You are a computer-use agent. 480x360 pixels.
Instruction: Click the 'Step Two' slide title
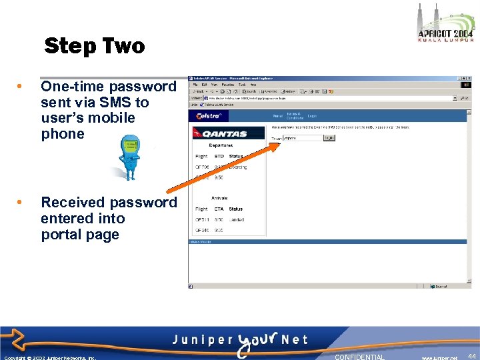pos(94,46)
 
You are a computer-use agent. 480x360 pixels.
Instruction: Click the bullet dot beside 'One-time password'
pos(21,87)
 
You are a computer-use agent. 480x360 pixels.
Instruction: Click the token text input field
pos(303,138)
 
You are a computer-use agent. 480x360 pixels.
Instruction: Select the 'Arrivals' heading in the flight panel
pos(219,198)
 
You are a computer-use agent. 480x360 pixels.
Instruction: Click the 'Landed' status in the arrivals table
pos(237,219)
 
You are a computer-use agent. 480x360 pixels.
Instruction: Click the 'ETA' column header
pos(219,209)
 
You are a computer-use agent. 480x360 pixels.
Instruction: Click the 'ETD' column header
pos(219,156)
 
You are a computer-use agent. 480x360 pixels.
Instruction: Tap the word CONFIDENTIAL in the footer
pos(359,357)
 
